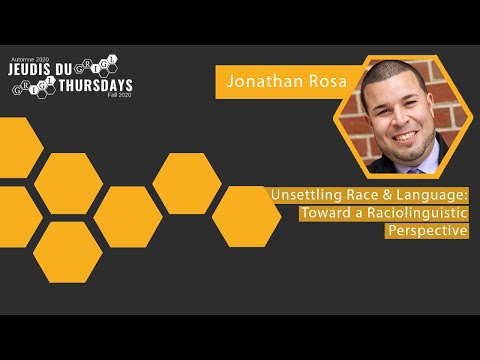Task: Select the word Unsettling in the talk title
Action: [303, 196]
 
